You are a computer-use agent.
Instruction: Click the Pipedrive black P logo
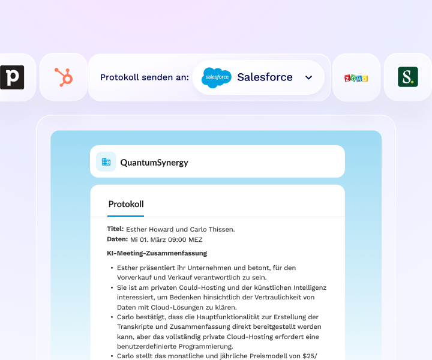[x=11, y=77]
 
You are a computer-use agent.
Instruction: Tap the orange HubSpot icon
[x=64, y=77]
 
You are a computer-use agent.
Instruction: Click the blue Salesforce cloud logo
[x=217, y=77]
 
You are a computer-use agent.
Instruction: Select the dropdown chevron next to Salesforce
[x=309, y=77]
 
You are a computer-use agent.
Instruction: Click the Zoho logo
[x=356, y=78]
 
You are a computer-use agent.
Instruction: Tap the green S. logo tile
[x=408, y=77]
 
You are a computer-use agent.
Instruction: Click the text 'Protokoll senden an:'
[x=145, y=77]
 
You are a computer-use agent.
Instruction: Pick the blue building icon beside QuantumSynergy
[x=106, y=161]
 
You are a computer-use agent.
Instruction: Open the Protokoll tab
[x=126, y=204]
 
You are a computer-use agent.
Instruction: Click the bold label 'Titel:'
[x=115, y=229]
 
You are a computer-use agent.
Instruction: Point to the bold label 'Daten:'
[x=117, y=239]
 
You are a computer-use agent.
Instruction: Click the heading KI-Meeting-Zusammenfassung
[x=157, y=253]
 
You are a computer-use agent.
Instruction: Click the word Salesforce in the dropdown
[x=265, y=77]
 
